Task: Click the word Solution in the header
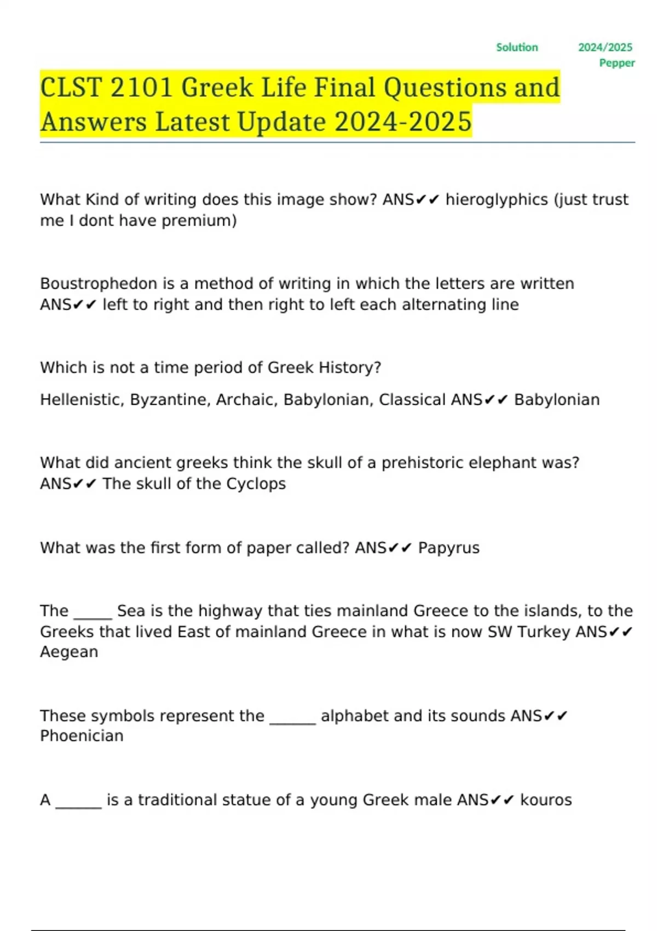[x=517, y=48]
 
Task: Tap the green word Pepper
[x=617, y=63]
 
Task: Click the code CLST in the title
[x=71, y=88]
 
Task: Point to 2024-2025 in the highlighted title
[x=403, y=122]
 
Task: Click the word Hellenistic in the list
[x=82, y=400]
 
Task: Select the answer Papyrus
[x=448, y=548]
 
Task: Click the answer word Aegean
[x=69, y=652]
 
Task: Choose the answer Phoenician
[x=82, y=736]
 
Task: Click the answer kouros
[x=545, y=800]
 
